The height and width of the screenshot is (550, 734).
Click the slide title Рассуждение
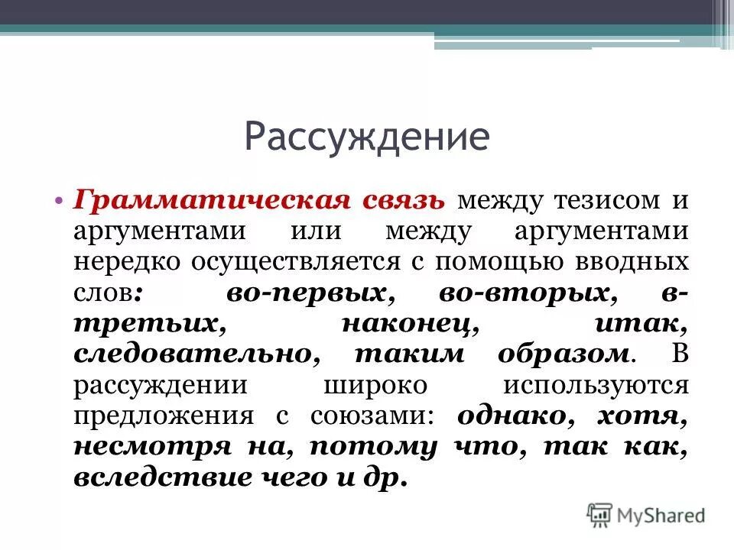click(366, 138)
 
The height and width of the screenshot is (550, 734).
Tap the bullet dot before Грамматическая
click(60, 201)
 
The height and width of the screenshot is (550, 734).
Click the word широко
click(375, 384)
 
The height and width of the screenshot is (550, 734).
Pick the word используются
click(596, 384)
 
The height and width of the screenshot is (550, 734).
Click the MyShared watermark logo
click(646, 513)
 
